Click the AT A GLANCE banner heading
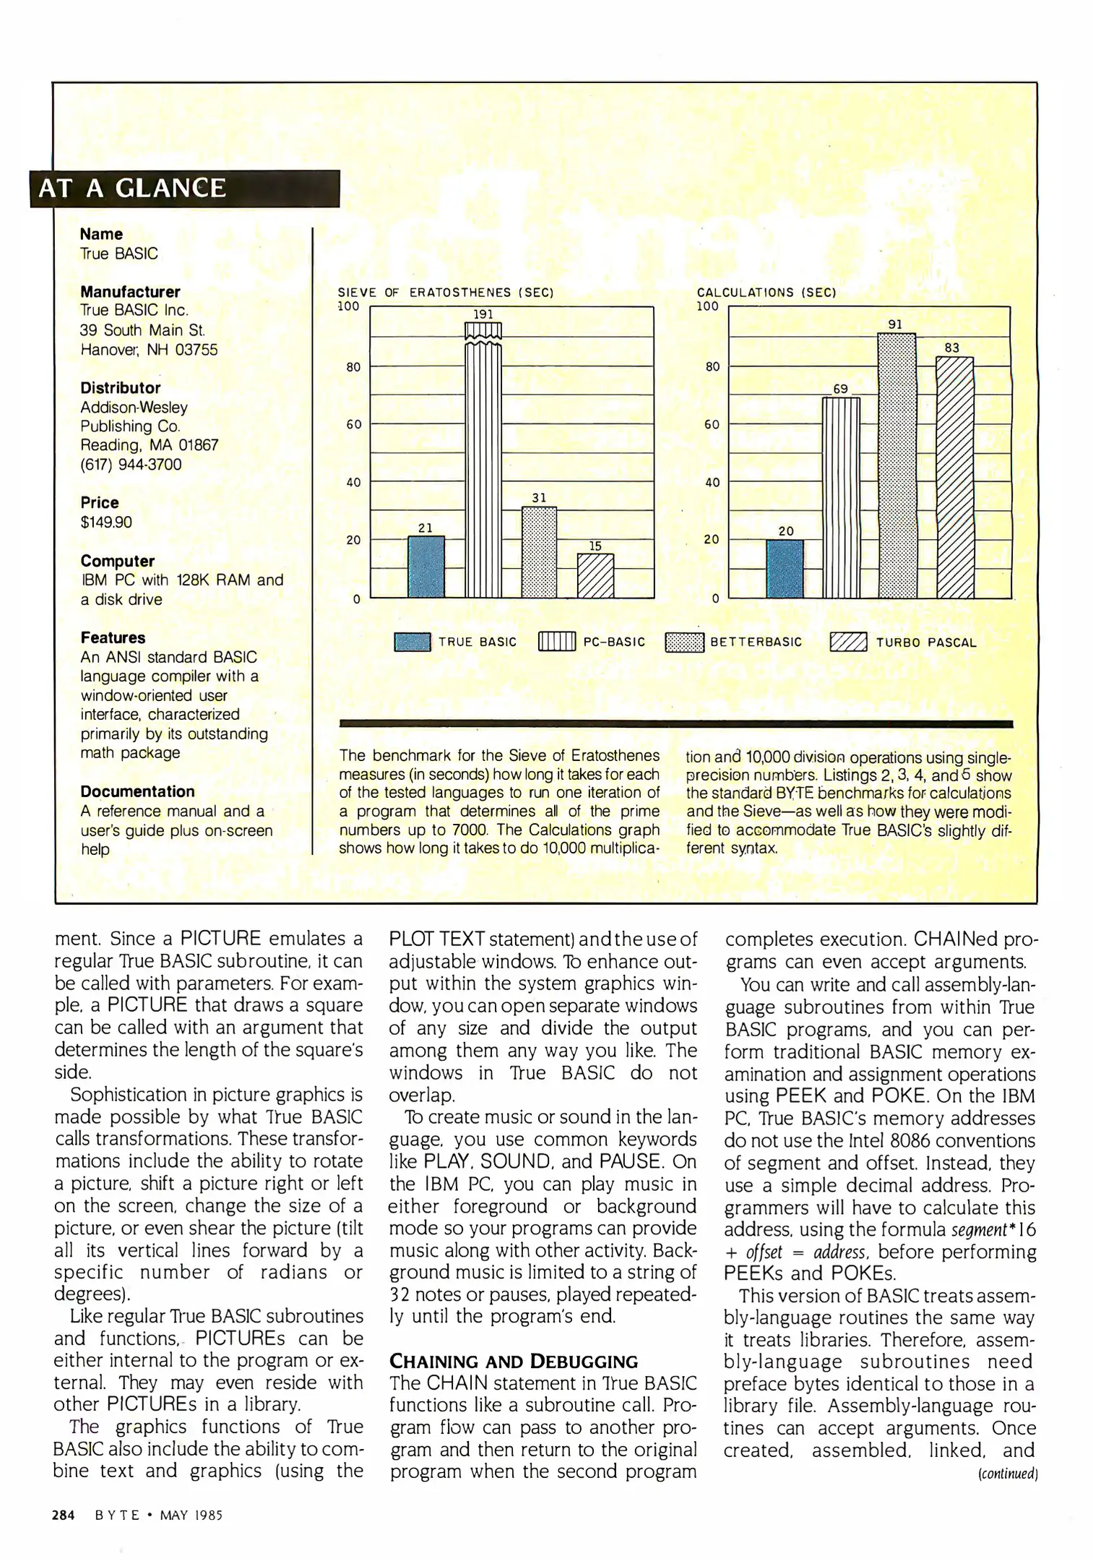tap(132, 188)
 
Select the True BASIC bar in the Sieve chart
tap(426, 567)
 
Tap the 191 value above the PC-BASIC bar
tap(483, 314)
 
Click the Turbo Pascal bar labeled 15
tap(596, 576)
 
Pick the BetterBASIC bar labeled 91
tap(897, 465)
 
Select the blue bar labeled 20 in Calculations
tap(785, 569)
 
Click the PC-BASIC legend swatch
tap(557, 642)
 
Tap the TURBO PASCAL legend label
tap(926, 642)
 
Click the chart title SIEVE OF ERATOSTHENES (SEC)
tap(446, 293)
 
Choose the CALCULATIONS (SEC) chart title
tap(766, 293)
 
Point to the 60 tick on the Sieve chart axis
tap(353, 425)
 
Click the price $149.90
tap(106, 523)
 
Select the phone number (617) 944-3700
tap(131, 465)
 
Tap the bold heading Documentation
tap(137, 791)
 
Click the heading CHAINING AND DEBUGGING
tap(514, 1362)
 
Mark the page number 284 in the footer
tap(64, 1515)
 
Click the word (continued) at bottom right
tap(1008, 1474)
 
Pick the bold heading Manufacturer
tap(130, 292)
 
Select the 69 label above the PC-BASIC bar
tap(840, 389)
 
